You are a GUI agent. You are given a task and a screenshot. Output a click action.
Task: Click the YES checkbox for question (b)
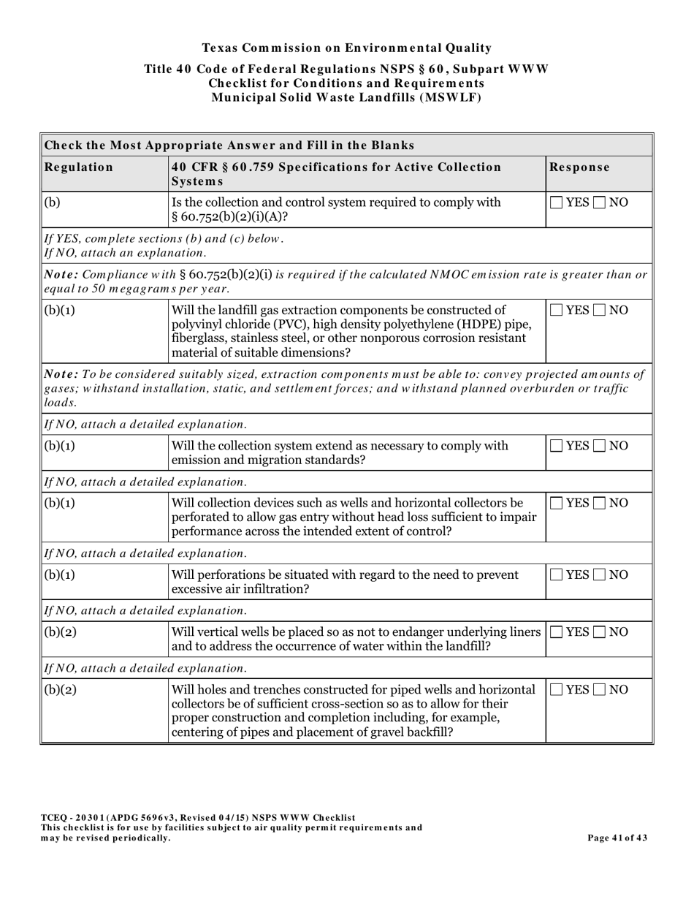click(556, 202)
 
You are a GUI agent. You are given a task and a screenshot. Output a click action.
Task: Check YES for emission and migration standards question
click(556, 446)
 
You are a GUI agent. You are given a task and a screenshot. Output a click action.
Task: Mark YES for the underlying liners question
click(556, 632)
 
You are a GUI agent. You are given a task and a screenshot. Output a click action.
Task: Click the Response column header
click(579, 167)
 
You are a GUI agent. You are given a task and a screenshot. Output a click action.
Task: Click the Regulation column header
click(79, 167)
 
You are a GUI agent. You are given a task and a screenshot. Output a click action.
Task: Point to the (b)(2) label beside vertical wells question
click(61, 632)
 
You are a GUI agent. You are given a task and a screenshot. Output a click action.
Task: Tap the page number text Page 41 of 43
click(617, 838)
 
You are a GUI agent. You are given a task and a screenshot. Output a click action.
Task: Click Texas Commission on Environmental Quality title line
click(346, 48)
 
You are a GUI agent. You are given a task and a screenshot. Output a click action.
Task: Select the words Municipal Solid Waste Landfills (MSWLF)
click(346, 97)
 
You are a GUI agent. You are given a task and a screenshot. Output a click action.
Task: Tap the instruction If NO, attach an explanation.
click(125, 253)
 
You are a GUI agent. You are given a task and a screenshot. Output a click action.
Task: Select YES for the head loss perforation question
click(556, 503)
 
